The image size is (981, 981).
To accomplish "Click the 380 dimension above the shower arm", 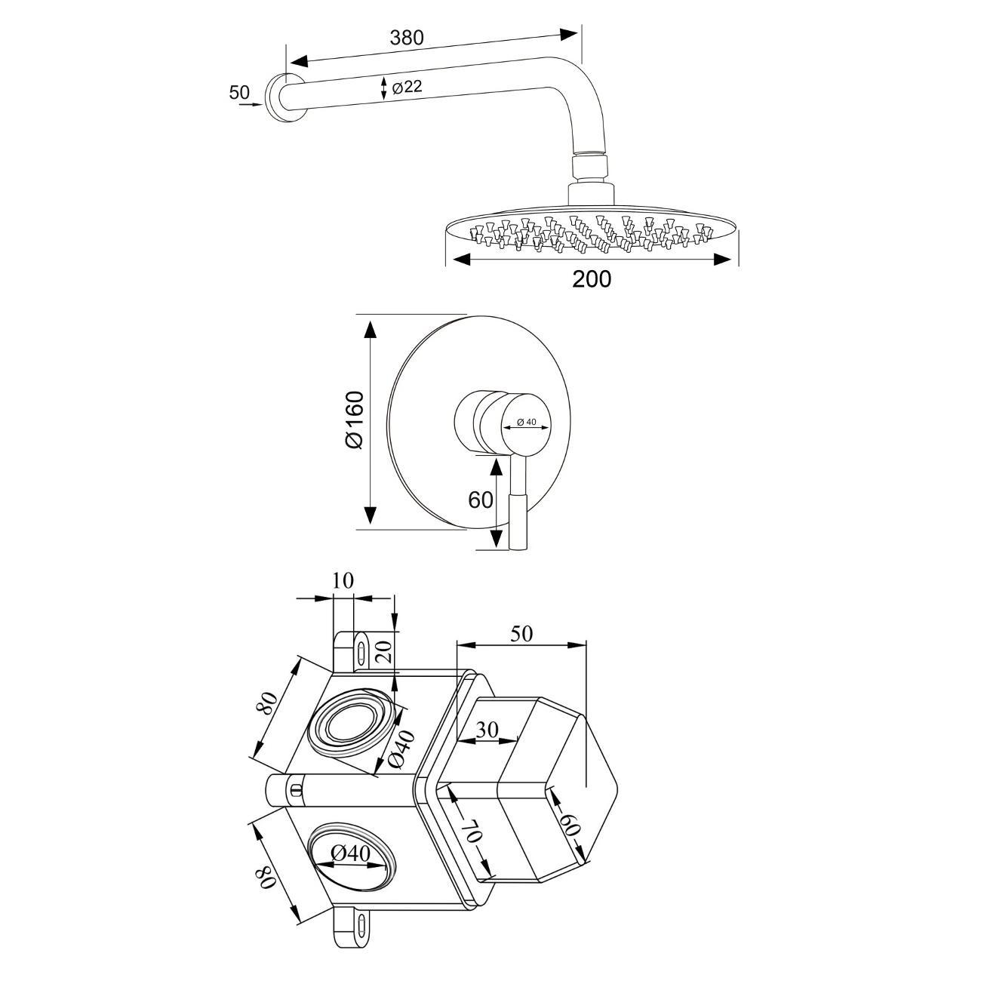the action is [x=406, y=38].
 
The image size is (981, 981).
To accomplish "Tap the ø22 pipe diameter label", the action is [x=407, y=87].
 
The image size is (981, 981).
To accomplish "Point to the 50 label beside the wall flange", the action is [x=239, y=92].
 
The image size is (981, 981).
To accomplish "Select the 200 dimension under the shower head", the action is [x=592, y=279].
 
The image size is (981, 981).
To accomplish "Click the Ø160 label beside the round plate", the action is [x=355, y=420].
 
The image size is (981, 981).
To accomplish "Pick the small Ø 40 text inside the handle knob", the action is [x=527, y=422].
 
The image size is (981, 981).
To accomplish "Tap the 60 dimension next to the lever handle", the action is [x=481, y=500].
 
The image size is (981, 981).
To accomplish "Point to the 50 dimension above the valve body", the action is [x=521, y=633].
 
